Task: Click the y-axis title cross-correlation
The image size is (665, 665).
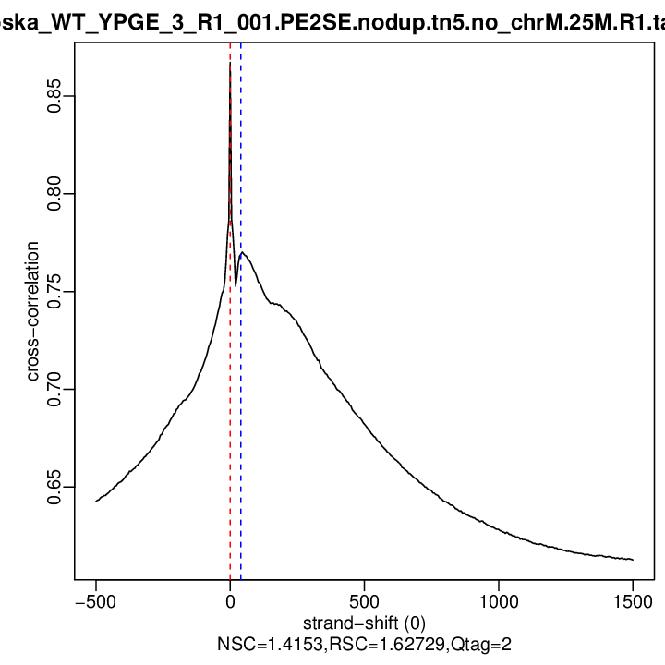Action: click(32, 311)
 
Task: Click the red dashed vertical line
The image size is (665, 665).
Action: click(230, 416)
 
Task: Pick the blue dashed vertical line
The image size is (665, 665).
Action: click(241, 416)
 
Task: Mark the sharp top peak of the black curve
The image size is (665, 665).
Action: click(230, 65)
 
